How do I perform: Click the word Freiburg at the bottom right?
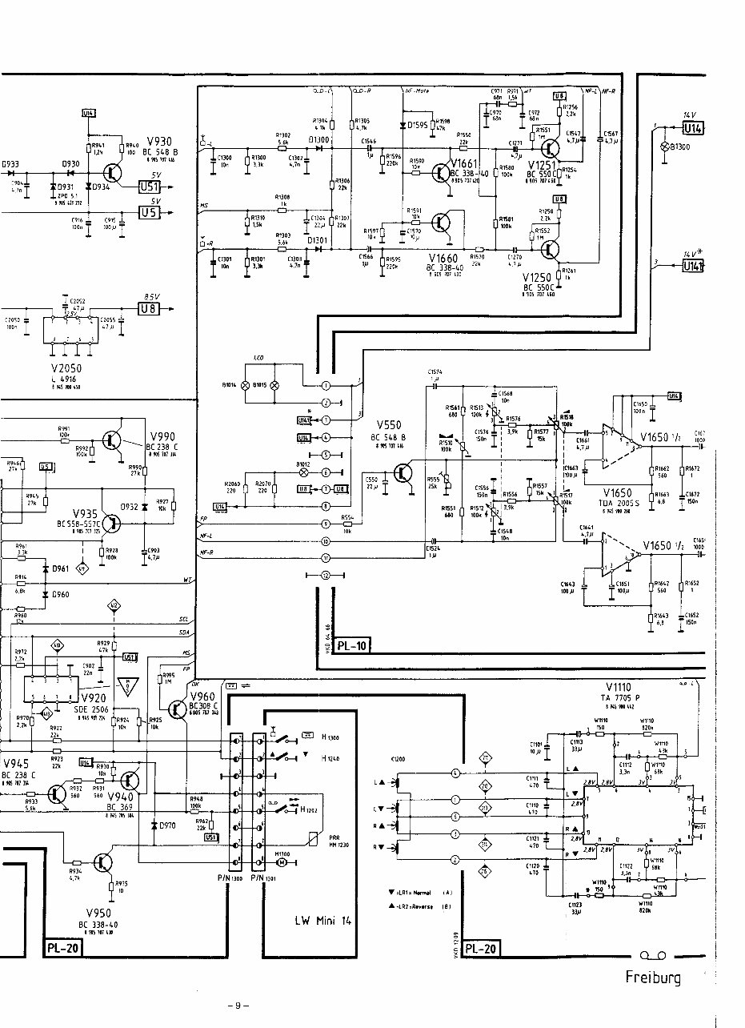pyautogui.click(x=653, y=978)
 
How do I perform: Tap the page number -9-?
pyautogui.click(x=238, y=1006)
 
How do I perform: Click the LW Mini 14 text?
pyautogui.click(x=318, y=920)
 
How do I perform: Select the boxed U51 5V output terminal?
pyautogui.click(x=149, y=187)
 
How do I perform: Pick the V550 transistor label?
pyautogui.click(x=388, y=425)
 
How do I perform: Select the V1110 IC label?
pyautogui.click(x=619, y=687)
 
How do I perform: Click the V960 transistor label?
pyautogui.click(x=203, y=697)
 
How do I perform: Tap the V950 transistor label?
pyautogui.click(x=98, y=913)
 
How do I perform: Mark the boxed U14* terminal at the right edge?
pyautogui.click(x=691, y=266)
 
